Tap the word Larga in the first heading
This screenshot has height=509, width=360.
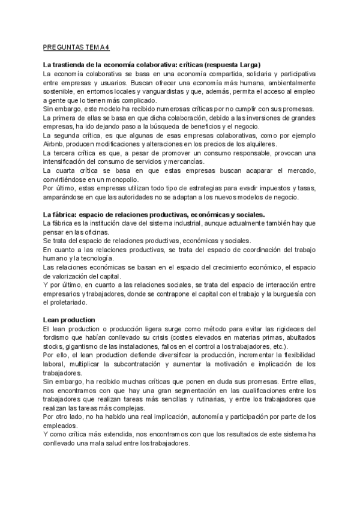pyautogui.click(x=245, y=64)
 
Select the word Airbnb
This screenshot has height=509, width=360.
pyautogui.click(x=53, y=145)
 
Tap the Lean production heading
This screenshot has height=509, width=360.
pyautogui.click(x=70, y=319)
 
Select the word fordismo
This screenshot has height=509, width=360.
pyautogui.click(x=59, y=337)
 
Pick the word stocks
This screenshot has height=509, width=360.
pyautogui.click(x=53, y=346)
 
